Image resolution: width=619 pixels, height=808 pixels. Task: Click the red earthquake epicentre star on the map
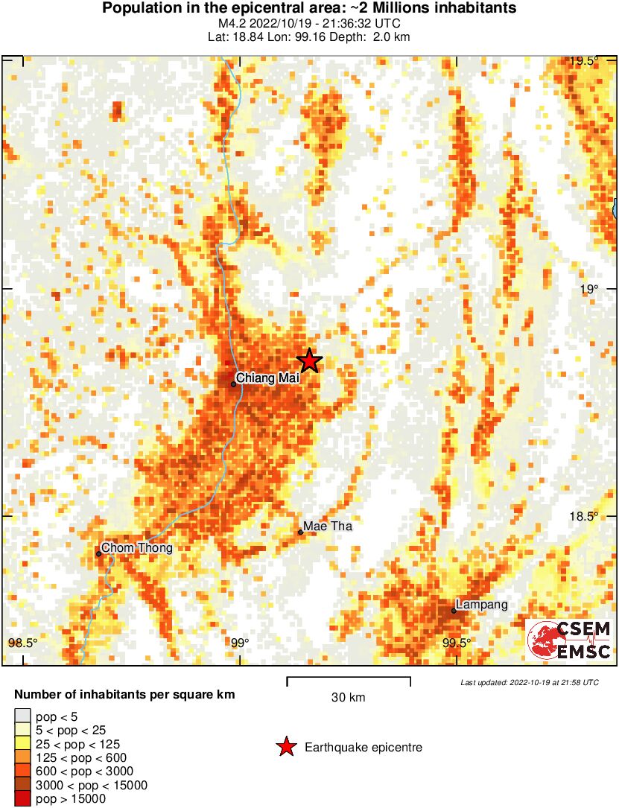tap(309, 360)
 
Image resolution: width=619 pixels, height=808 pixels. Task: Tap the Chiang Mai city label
tap(267, 378)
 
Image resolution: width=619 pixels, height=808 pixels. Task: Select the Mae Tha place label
tap(328, 527)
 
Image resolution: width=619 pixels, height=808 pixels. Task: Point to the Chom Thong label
tap(137, 549)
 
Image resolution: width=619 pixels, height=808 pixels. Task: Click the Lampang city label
tap(482, 605)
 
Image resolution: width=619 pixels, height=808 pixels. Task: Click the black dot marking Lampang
tap(454, 611)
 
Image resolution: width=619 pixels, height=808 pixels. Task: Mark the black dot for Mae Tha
tap(300, 532)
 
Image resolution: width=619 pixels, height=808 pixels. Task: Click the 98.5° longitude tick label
tap(22, 643)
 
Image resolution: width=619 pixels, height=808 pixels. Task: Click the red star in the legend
tap(285, 747)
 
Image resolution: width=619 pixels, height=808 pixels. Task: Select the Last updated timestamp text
tap(529, 682)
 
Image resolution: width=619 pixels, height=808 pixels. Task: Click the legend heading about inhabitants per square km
tap(124, 695)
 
